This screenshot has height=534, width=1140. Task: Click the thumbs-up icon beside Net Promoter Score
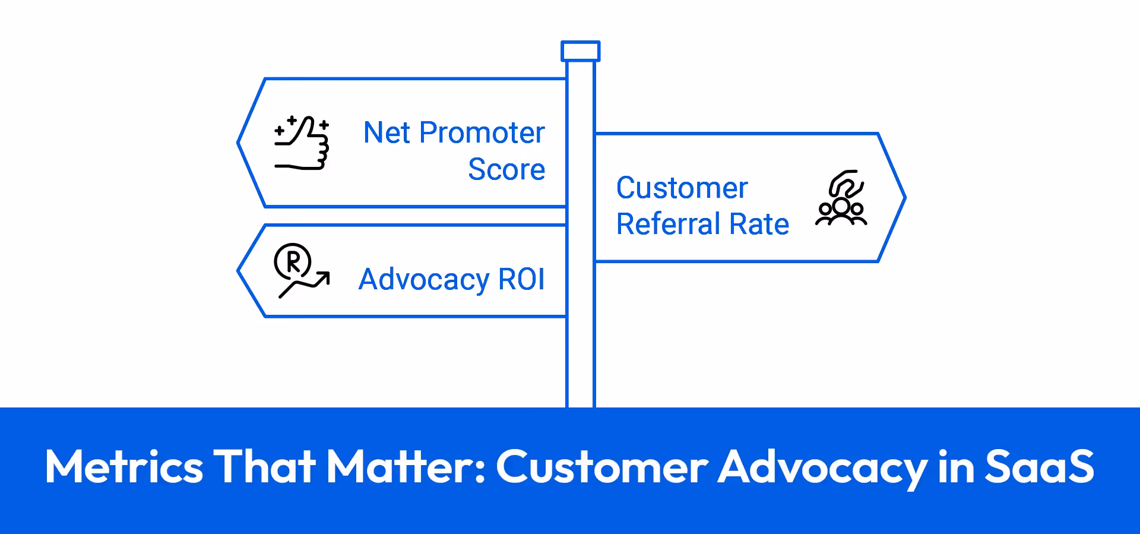302,143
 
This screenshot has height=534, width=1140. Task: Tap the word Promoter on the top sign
482,132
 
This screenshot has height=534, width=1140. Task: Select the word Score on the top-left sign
506,169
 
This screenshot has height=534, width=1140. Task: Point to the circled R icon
293,261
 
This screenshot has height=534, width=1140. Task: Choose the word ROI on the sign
521,279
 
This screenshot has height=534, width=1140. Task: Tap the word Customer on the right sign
682,188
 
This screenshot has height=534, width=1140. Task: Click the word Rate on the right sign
759,225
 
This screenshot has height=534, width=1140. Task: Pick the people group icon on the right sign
841,198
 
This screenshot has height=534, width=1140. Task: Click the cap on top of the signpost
581,51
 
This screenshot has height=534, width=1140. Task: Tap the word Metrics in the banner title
124,467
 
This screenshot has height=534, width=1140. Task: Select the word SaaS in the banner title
1039,467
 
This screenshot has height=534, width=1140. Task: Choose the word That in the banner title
264,467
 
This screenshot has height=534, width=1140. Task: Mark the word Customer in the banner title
602,467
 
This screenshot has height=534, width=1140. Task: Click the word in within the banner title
957,467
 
